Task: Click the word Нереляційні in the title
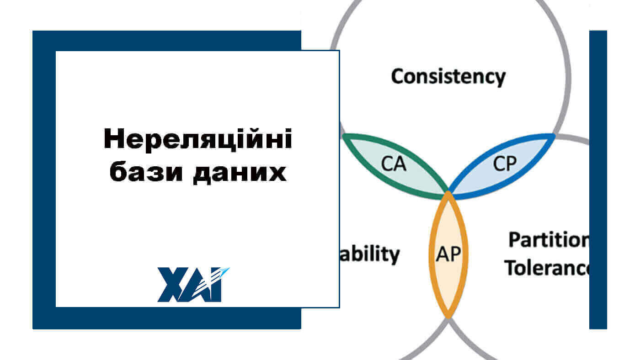tap(197, 140)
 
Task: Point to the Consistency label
tap(448, 76)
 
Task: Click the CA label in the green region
tap(394, 164)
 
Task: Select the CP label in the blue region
tap(505, 164)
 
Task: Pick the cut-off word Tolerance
tap(547, 268)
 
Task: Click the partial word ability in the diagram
tap(371, 254)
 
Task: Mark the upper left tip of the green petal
tap(343, 136)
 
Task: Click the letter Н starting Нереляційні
tap(113, 140)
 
